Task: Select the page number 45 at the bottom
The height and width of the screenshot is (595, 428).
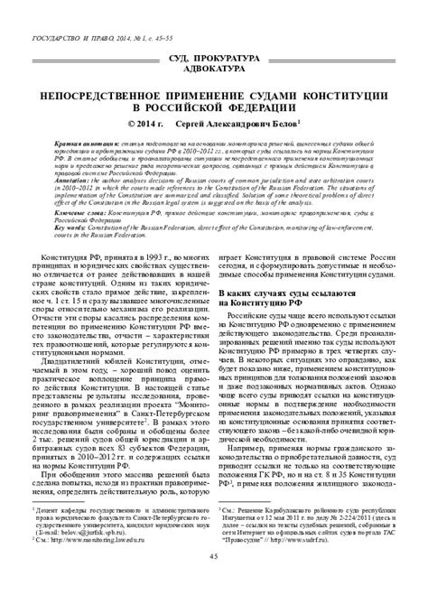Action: pyautogui.click(x=213, y=580)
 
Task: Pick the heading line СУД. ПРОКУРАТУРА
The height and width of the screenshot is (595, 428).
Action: pyautogui.click(x=214, y=58)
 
